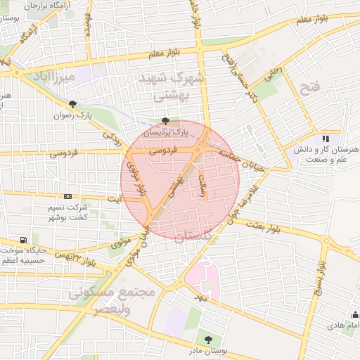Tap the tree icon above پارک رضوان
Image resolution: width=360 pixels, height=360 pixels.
[72, 104]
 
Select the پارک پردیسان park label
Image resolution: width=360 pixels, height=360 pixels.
[172, 131]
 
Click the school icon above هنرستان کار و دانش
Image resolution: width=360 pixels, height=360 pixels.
[325, 139]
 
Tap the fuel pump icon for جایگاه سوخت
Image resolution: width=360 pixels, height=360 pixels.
[25, 240]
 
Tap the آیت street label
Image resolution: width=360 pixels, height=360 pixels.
[114, 199]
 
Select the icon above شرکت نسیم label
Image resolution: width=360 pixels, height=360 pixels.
[67, 196]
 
